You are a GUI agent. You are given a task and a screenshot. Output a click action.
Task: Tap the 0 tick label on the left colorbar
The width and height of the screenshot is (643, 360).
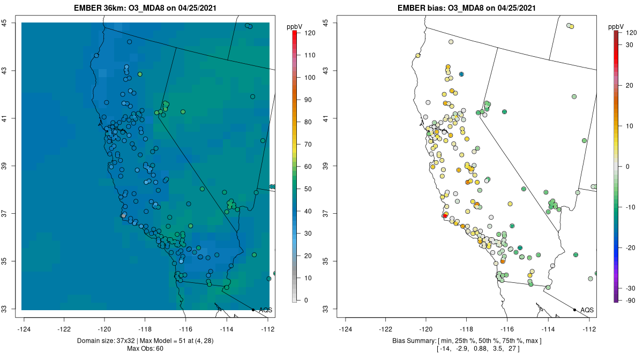click(x=306, y=300)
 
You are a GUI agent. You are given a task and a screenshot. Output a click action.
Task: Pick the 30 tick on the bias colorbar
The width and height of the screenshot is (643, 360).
click(x=631, y=45)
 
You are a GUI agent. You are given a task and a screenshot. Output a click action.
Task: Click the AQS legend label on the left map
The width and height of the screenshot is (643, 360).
click(x=265, y=310)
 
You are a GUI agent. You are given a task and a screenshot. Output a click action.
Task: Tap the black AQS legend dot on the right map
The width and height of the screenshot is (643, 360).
click(x=574, y=310)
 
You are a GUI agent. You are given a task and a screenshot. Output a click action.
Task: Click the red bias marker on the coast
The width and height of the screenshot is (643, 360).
click(x=445, y=215)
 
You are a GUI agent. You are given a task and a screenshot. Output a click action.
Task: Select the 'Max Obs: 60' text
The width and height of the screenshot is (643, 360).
click(x=145, y=349)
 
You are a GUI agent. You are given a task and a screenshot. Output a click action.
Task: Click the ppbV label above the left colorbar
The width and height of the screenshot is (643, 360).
click(x=294, y=26)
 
